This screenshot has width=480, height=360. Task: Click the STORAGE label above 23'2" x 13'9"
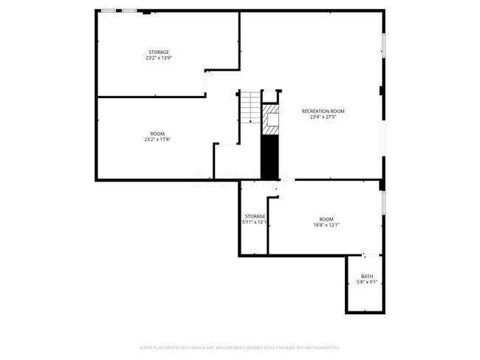(159, 52)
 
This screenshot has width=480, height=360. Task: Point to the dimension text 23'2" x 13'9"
(159, 58)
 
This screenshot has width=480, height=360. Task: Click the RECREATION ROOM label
(323, 111)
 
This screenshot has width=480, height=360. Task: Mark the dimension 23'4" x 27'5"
(323, 117)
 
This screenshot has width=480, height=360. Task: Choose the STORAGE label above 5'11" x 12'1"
(255, 216)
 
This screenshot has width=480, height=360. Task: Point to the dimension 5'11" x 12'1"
(255, 222)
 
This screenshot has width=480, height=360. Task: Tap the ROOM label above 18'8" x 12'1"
(326, 219)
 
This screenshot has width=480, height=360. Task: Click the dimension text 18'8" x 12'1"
(326, 224)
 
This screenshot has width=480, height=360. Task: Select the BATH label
(367, 277)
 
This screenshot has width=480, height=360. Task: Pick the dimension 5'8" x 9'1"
(367, 282)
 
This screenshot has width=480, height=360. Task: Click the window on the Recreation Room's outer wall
(383, 44)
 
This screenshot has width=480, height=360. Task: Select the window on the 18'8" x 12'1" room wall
(383, 202)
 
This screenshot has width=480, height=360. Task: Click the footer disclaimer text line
(240, 347)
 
